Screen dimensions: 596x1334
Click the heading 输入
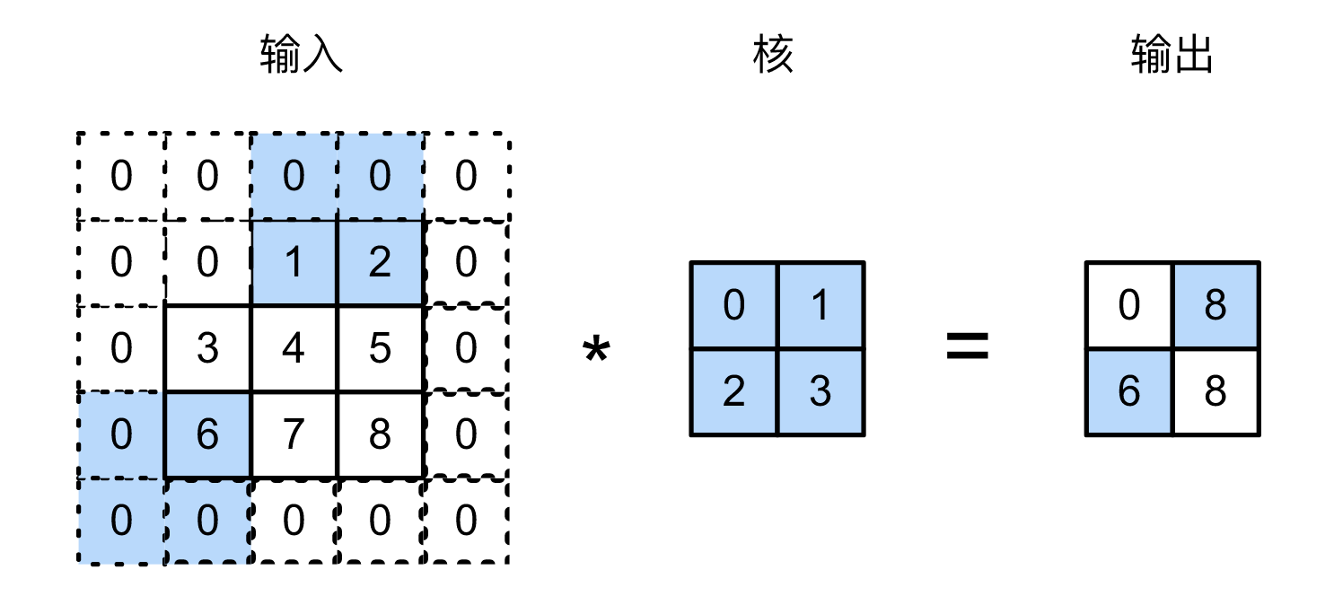pyautogui.click(x=301, y=56)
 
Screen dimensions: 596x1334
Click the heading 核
pyautogui.click(x=774, y=56)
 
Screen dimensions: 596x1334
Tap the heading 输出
pyautogui.click(x=1172, y=56)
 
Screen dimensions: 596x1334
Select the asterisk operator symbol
pyautogui.click(x=595, y=351)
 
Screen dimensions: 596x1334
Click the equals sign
pyautogui.click(x=967, y=346)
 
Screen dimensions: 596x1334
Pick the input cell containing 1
pyautogui.click(x=294, y=262)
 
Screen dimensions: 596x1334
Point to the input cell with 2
pyautogui.click(x=380, y=262)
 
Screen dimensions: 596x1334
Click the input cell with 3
pyautogui.click(x=207, y=348)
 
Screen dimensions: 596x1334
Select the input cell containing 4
pyautogui.click(x=294, y=348)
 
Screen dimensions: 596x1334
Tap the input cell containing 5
pyautogui.click(x=380, y=348)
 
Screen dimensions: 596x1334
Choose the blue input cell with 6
pyautogui.click(x=207, y=434)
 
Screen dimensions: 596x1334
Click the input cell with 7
pyautogui.click(x=294, y=434)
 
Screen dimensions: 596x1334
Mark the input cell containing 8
pyautogui.click(x=380, y=434)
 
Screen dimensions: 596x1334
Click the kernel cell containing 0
pyautogui.click(x=733, y=305)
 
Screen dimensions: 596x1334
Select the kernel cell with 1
pyautogui.click(x=820, y=305)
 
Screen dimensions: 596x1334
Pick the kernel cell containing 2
pyautogui.click(x=733, y=392)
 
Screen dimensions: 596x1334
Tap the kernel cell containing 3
pyautogui.click(x=820, y=392)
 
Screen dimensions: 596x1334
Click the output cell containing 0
pyautogui.click(x=1128, y=305)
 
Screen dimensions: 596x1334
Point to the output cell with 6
pyautogui.click(x=1128, y=392)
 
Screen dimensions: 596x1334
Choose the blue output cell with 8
pyautogui.click(x=1215, y=305)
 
